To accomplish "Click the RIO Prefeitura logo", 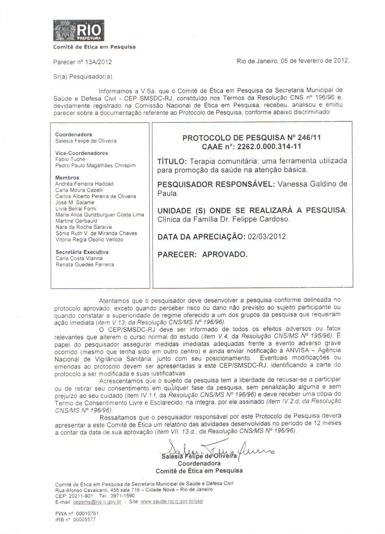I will tap(79, 30).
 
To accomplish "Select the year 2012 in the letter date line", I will tap(341, 60).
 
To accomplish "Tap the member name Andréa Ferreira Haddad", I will tap(84, 184).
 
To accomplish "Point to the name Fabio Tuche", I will tap(70, 159).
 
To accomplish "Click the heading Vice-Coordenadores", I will tap(82, 153).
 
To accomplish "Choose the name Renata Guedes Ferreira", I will tap(85, 265).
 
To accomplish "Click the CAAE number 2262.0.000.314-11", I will tap(269, 147).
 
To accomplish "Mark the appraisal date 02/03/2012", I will tap(267, 237).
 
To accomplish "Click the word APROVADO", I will tap(225, 255).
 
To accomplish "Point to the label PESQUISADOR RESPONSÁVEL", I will tap(216, 184).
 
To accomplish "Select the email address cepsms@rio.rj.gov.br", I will tap(97, 502).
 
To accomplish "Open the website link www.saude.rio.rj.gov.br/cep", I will tap(172, 501).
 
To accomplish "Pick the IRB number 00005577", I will tap(84, 520).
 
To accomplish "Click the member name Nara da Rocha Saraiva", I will tap(83, 227).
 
